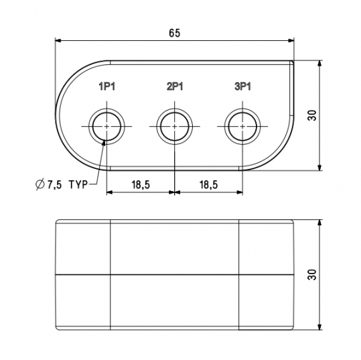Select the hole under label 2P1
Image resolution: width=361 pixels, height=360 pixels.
[x=175, y=125]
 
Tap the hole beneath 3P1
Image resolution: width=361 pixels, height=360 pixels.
[x=241, y=125]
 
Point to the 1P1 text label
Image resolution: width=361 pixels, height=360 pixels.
[x=107, y=87]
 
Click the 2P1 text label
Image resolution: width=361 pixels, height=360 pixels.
[x=175, y=87]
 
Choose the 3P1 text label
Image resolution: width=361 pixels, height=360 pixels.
[x=242, y=87]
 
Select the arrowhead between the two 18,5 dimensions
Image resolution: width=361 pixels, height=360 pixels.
[x=175, y=192]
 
